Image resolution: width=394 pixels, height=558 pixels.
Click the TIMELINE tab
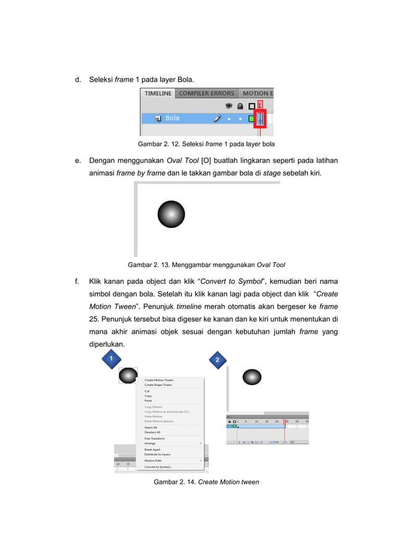(x=158, y=94)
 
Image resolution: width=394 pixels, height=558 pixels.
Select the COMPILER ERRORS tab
(x=206, y=94)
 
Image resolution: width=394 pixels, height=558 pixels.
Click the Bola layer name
(x=172, y=118)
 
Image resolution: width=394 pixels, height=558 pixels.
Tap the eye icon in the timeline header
(x=228, y=106)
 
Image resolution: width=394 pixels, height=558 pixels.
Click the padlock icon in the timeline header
(x=240, y=106)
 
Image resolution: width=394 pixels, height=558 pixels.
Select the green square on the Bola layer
(x=251, y=118)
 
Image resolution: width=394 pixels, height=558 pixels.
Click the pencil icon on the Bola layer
(x=217, y=118)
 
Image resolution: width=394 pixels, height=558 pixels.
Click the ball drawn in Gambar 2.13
(x=171, y=214)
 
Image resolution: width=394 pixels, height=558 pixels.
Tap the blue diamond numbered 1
(x=109, y=358)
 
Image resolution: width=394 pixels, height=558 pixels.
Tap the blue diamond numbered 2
(x=217, y=360)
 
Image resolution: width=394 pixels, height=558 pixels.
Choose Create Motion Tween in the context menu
(x=159, y=380)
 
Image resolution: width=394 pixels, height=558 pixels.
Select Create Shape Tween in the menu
(x=158, y=385)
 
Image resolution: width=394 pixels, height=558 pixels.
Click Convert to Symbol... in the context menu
(x=158, y=467)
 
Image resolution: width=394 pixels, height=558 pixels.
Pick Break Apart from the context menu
(x=152, y=449)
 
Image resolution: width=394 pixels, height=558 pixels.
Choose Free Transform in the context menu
(x=155, y=438)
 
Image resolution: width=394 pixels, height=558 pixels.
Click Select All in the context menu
(x=151, y=427)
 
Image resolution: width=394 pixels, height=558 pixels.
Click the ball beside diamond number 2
(x=252, y=377)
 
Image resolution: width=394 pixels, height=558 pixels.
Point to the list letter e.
(x=78, y=161)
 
